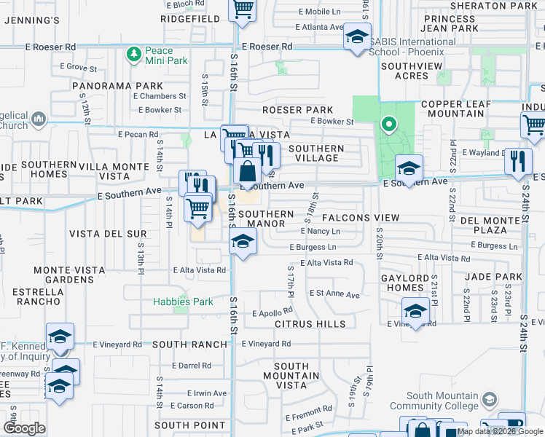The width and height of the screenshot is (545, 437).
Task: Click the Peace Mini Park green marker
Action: tap(133, 55)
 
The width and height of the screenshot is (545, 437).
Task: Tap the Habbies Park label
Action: tap(183, 302)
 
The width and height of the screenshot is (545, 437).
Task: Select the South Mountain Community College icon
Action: tap(490, 400)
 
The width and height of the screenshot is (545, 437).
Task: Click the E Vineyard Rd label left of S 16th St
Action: tap(117, 344)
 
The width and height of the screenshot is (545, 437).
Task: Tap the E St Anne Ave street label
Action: tap(334, 295)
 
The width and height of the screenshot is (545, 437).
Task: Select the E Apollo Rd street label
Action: tap(272, 313)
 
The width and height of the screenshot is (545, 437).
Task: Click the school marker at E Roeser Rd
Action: tap(357, 37)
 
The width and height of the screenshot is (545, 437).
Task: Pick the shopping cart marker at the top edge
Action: tap(242, 9)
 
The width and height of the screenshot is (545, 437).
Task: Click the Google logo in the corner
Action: tap(24, 428)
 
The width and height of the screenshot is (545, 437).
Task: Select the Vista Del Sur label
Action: tap(108, 234)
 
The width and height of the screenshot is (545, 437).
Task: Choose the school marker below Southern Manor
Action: tap(243, 242)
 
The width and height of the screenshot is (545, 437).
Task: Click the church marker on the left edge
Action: tap(38, 118)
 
